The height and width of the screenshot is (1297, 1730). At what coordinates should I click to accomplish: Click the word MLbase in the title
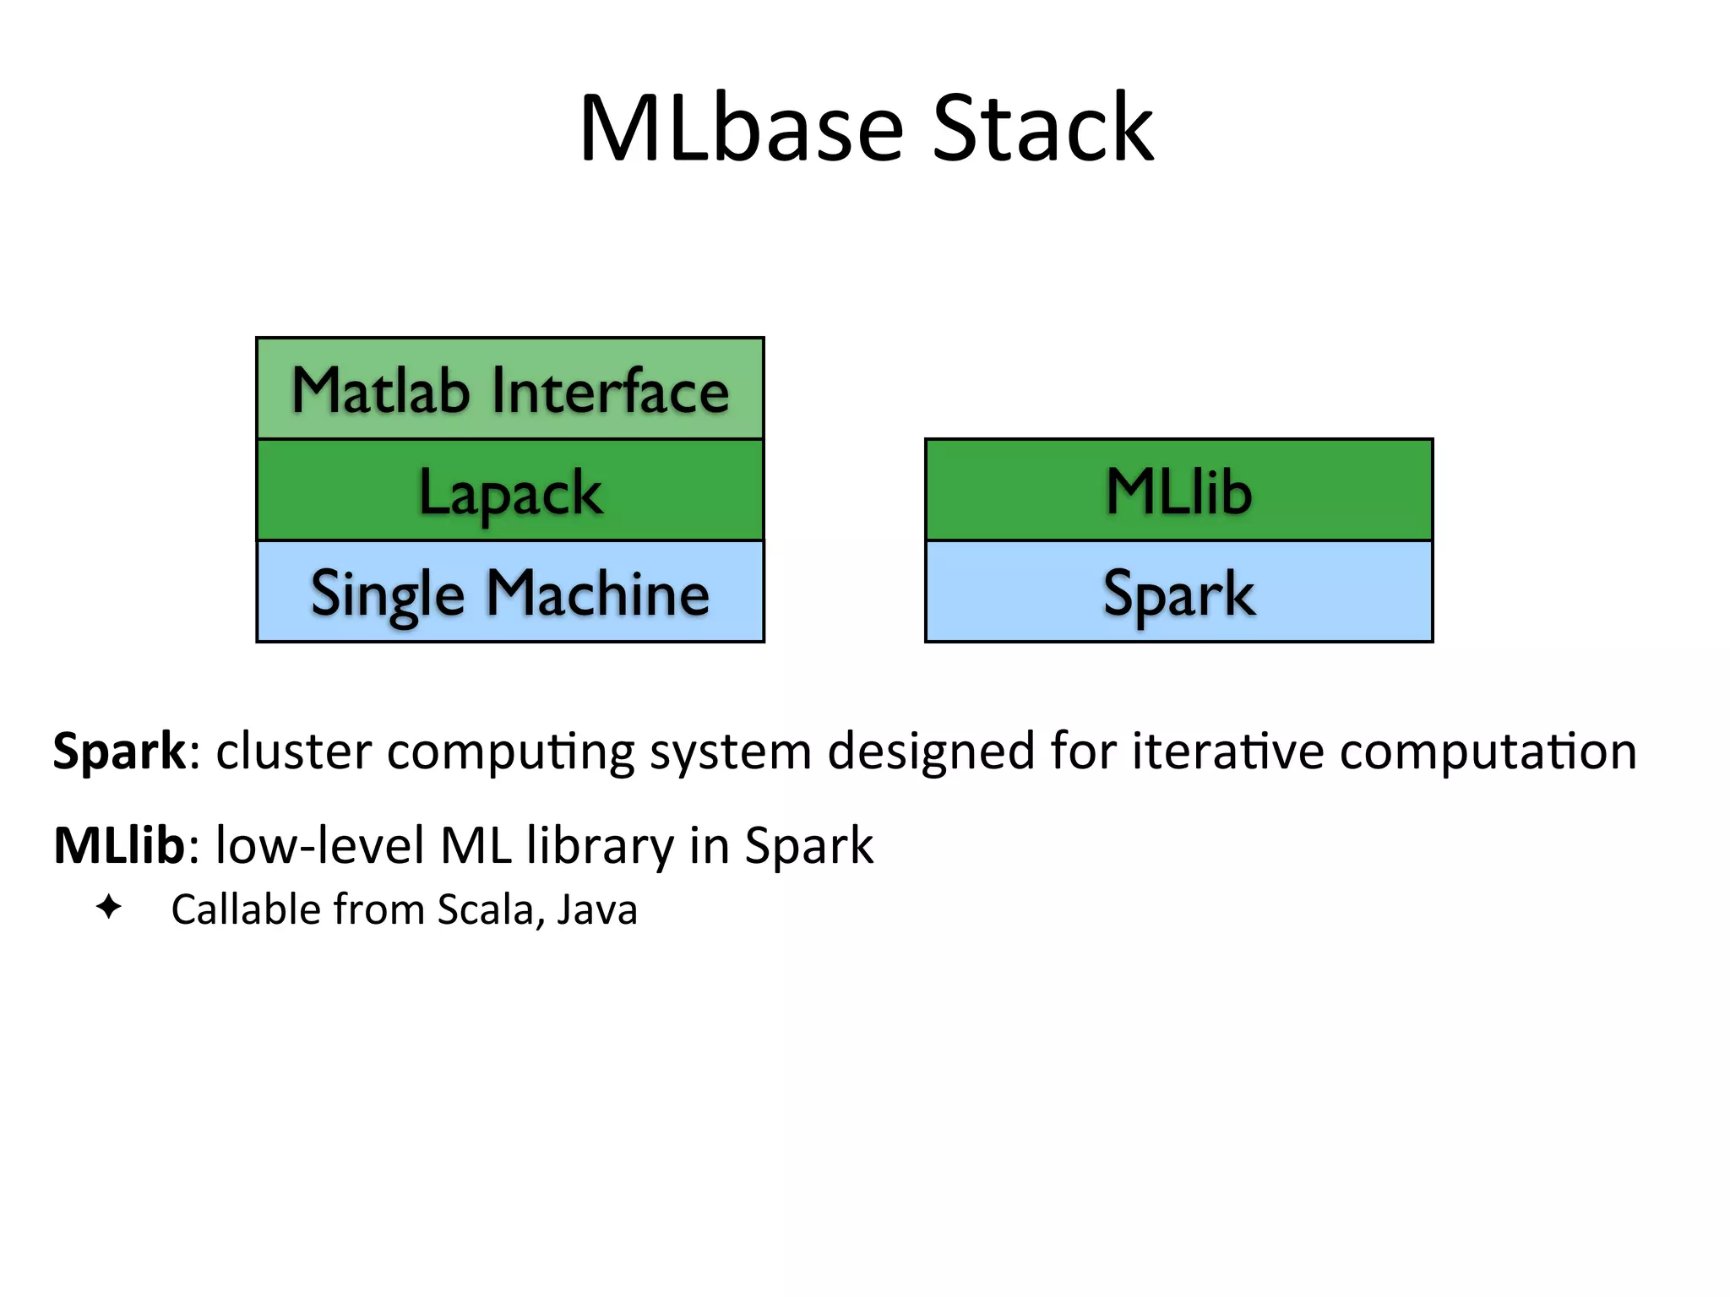click(742, 128)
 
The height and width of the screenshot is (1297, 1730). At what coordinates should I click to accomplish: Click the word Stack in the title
click(1042, 128)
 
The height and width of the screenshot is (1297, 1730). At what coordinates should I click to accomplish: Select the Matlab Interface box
click(510, 389)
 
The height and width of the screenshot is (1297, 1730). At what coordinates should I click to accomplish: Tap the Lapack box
click(510, 491)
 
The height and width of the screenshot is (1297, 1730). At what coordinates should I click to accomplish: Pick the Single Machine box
click(510, 592)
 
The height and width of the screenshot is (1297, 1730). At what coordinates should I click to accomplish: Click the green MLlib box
click(1179, 491)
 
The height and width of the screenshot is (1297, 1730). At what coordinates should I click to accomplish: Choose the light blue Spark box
click(1179, 592)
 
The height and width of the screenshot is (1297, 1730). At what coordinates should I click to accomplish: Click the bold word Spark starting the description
click(119, 751)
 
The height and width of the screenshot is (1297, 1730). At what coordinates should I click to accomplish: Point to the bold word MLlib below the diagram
click(119, 844)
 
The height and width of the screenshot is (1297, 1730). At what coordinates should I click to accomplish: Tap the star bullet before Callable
click(109, 908)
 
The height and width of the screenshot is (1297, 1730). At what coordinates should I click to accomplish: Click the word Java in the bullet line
click(597, 910)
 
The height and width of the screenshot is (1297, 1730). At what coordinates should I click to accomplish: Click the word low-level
click(320, 844)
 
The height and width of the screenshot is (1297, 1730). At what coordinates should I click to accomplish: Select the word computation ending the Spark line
click(1488, 751)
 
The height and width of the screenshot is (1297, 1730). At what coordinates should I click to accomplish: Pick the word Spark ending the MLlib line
click(808, 844)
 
